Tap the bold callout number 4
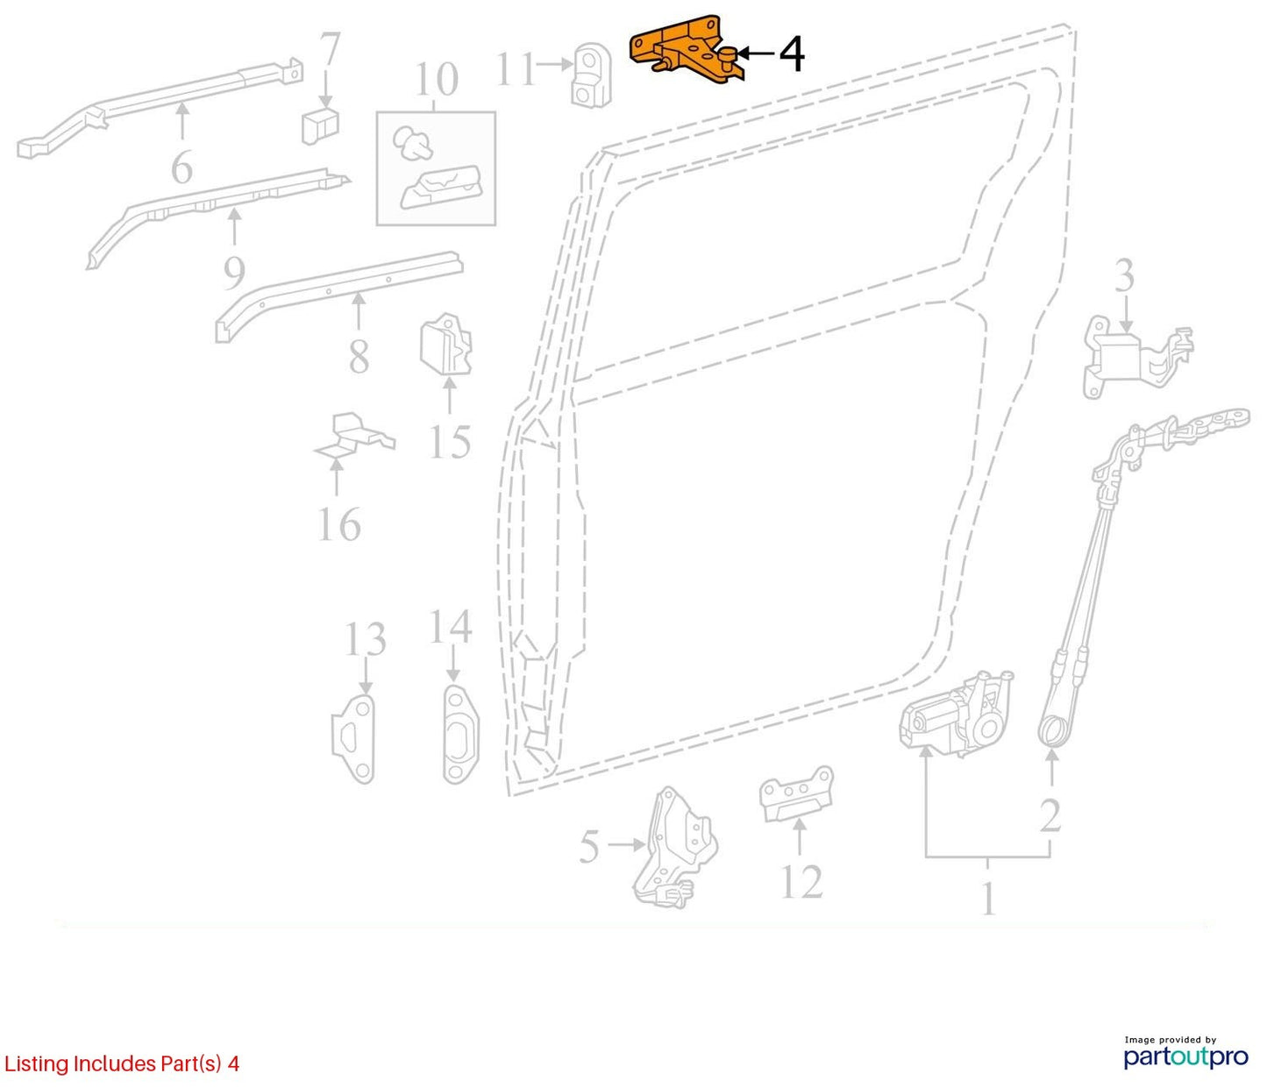[x=792, y=54]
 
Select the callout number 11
[x=516, y=68]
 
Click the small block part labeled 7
[x=320, y=126]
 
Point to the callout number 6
[x=182, y=166]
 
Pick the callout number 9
[x=234, y=273]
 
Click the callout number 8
[x=359, y=356]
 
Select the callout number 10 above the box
[x=437, y=79]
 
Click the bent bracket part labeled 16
[x=353, y=437]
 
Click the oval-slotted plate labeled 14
[x=461, y=735]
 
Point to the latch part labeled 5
[x=675, y=847]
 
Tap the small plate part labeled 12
[x=796, y=794]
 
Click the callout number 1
[x=987, y=899]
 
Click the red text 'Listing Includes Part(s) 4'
[x=121, y=1063]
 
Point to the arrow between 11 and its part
[x=554, y=64]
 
